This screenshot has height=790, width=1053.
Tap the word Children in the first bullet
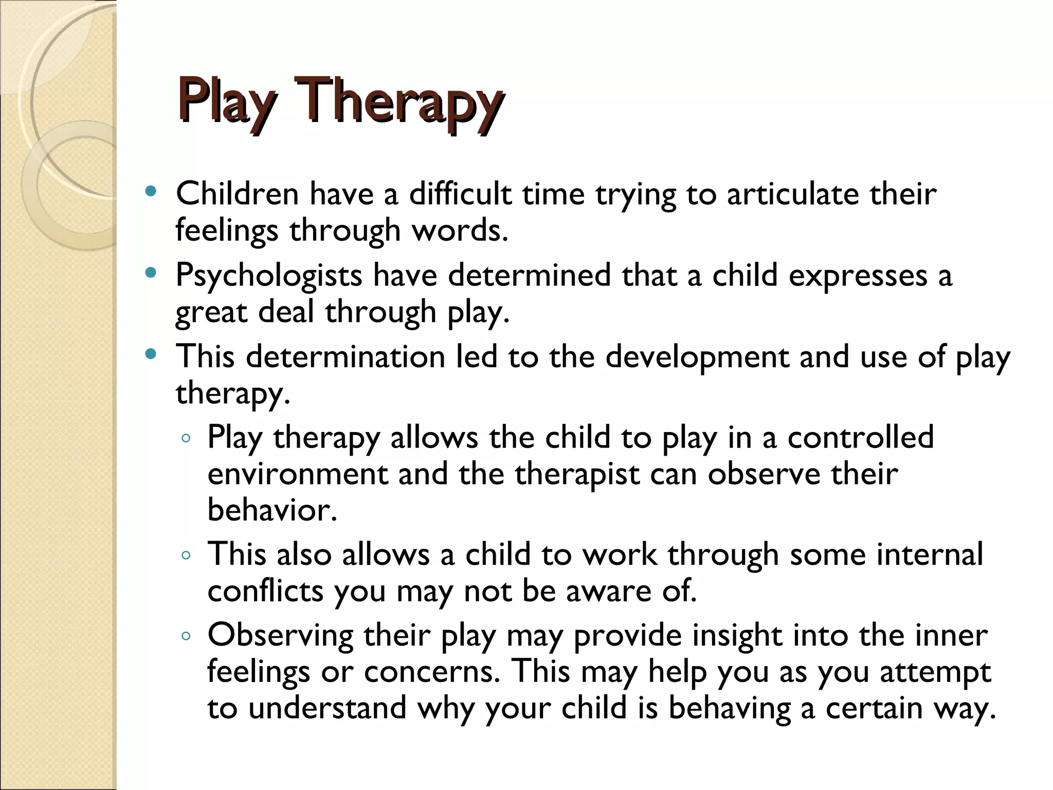(x=237, y=194)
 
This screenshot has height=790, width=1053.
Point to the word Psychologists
(x=269, y=276)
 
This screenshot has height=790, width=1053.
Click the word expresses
(x=858, y=276)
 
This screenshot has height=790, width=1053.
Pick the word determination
(x=345, y=356)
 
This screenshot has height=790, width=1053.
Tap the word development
(x=697, y=356)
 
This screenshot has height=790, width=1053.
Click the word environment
(x=297, y=474)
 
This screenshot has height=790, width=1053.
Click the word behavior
(x=272, y=510)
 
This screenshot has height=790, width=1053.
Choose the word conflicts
(x=265, y=591)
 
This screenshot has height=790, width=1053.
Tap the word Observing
(x=280, y=636)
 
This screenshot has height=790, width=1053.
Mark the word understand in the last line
(x=327, y=708)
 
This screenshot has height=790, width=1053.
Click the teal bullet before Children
(x=151, y=192)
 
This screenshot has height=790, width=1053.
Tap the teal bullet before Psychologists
(x=151, y=273)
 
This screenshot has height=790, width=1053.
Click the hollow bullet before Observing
(x=186, y=636)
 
